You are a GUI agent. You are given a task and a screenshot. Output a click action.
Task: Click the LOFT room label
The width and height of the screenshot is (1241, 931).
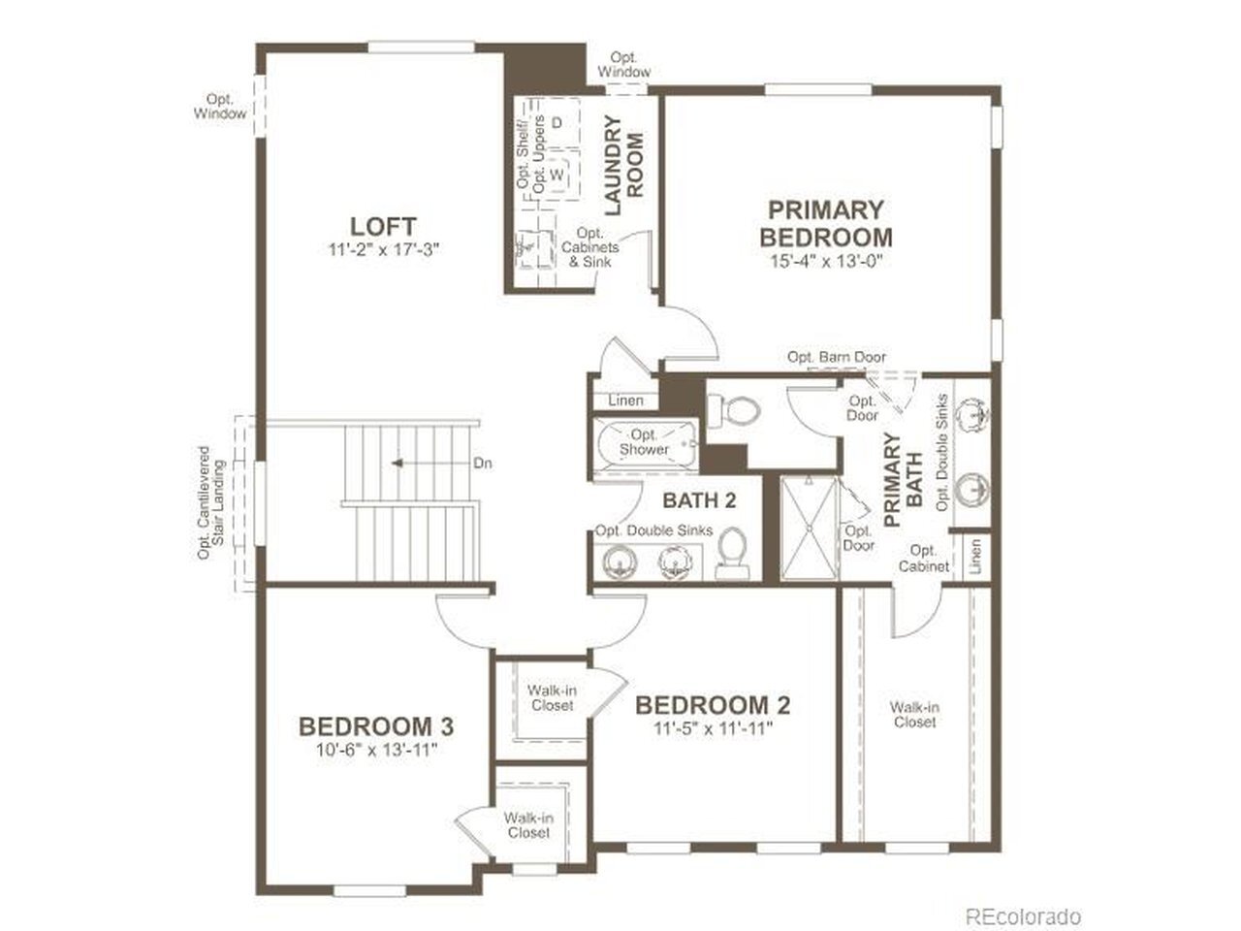[x=383, y=227]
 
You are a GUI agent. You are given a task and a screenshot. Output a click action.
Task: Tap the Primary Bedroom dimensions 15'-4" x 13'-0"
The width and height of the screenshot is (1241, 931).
[x=826, y=261]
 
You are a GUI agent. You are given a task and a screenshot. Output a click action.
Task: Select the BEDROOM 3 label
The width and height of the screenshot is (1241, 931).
[x=376, y=726]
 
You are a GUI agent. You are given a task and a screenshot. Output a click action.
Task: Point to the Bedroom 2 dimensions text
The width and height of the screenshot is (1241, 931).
[x=713, y=728]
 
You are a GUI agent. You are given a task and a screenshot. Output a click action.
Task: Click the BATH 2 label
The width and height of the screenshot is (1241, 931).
[x=699, y=500]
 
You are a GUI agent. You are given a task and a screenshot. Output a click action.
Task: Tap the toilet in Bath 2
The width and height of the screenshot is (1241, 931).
[x=732, y=554]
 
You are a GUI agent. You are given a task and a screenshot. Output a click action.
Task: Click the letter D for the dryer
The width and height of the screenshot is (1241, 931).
[x=557, y=122]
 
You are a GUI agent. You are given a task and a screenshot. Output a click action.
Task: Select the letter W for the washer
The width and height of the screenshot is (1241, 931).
[x=557, y=175]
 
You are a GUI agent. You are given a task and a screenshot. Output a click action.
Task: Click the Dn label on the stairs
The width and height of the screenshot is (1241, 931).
[x=482, y=464]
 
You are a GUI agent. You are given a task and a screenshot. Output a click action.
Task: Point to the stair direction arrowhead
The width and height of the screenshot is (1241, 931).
[x=397, y=463]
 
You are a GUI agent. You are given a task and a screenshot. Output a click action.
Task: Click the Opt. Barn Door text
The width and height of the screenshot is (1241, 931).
[x=836, y=357]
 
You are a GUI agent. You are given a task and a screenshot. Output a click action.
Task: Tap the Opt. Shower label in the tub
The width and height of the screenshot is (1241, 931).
[x=644, y=442]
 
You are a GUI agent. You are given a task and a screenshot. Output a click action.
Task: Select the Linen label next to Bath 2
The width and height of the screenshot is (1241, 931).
[x=625, y=401]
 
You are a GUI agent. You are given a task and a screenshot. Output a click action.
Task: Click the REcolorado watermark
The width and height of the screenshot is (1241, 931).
[x=1023, y=916]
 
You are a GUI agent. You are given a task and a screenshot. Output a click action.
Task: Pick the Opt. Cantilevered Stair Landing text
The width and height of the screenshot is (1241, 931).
[x=211, y=502]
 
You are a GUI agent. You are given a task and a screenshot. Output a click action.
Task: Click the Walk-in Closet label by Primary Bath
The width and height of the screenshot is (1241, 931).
[x=914, y=715]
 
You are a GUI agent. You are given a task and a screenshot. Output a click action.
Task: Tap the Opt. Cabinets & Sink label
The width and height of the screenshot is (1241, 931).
[x=589, y=247]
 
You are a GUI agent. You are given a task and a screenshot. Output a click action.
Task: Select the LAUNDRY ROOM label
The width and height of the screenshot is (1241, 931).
[x=623, y=165]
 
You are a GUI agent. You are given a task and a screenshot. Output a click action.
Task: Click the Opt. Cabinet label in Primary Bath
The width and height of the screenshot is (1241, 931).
[x=923, y=559]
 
